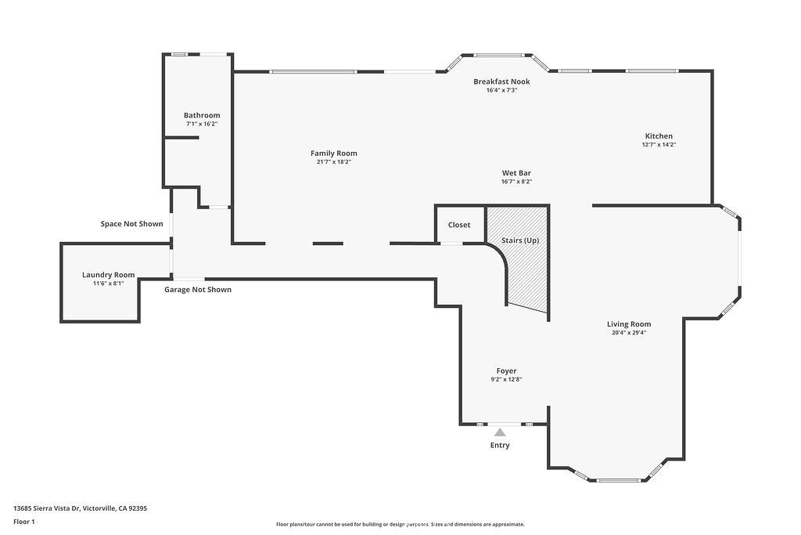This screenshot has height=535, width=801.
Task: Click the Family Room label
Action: [x=333, y=154]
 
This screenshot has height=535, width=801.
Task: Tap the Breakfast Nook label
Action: [x=501, y=81]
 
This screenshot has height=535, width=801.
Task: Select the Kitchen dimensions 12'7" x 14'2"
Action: [x=659, y=145]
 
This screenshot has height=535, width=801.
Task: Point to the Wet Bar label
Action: [x=516, y=173]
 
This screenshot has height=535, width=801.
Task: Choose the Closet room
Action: [x=459, y=225]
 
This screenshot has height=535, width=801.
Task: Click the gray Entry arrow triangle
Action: [x=500, y=432]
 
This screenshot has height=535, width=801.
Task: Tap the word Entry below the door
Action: [x=500, y=446]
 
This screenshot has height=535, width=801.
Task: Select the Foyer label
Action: [x=506, y=371]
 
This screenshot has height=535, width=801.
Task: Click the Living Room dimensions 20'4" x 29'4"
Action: [x=629, y=332]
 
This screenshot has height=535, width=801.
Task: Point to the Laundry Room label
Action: [x=108, y=275]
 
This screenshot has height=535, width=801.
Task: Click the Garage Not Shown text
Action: [x=198, y=290]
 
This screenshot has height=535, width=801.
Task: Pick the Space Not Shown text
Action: [x=131, y=224]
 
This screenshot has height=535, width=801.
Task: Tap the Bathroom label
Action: [x=202, y=116]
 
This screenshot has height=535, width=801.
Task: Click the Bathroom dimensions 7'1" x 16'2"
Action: [x=202, y=125]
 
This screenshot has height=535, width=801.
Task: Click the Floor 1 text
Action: [x=24, y=522]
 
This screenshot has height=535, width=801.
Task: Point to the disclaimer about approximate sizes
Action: [x=400, y=524]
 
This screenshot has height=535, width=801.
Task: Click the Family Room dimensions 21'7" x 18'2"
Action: [x=333, y=162]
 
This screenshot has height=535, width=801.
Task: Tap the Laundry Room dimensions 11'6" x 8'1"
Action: [x=108, y=284]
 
